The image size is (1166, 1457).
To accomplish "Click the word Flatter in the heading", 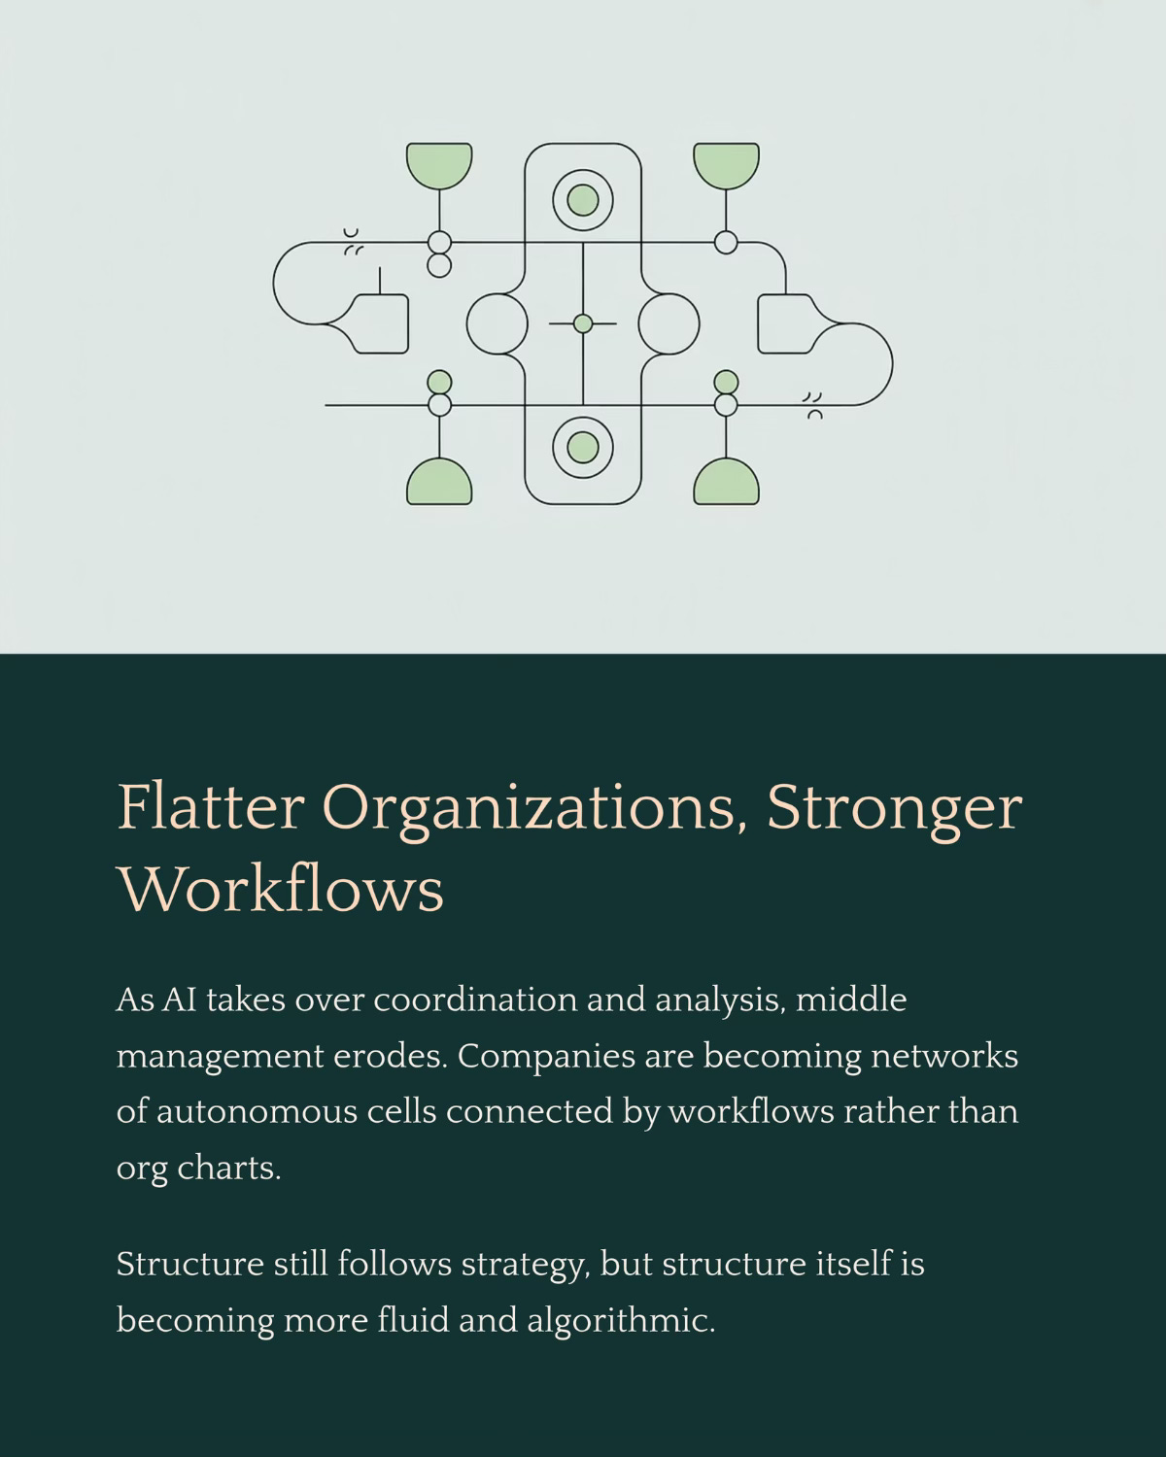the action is tap(208, 808).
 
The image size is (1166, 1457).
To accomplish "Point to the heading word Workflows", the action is tap(281, 889).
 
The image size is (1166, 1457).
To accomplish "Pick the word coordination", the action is tap(475, 1000).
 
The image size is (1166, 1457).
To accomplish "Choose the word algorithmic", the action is tap(621, 1322).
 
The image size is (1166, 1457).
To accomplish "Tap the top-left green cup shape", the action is tap(439, 164).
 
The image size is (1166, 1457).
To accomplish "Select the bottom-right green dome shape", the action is tap(726, 482).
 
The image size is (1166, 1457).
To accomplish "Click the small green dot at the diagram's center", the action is tap(583, 323).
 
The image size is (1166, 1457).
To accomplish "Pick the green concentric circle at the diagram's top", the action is tap(583, 200).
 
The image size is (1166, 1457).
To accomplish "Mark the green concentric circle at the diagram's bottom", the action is tap(583, 447).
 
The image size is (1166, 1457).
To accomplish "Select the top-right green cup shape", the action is tap(726, 164).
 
